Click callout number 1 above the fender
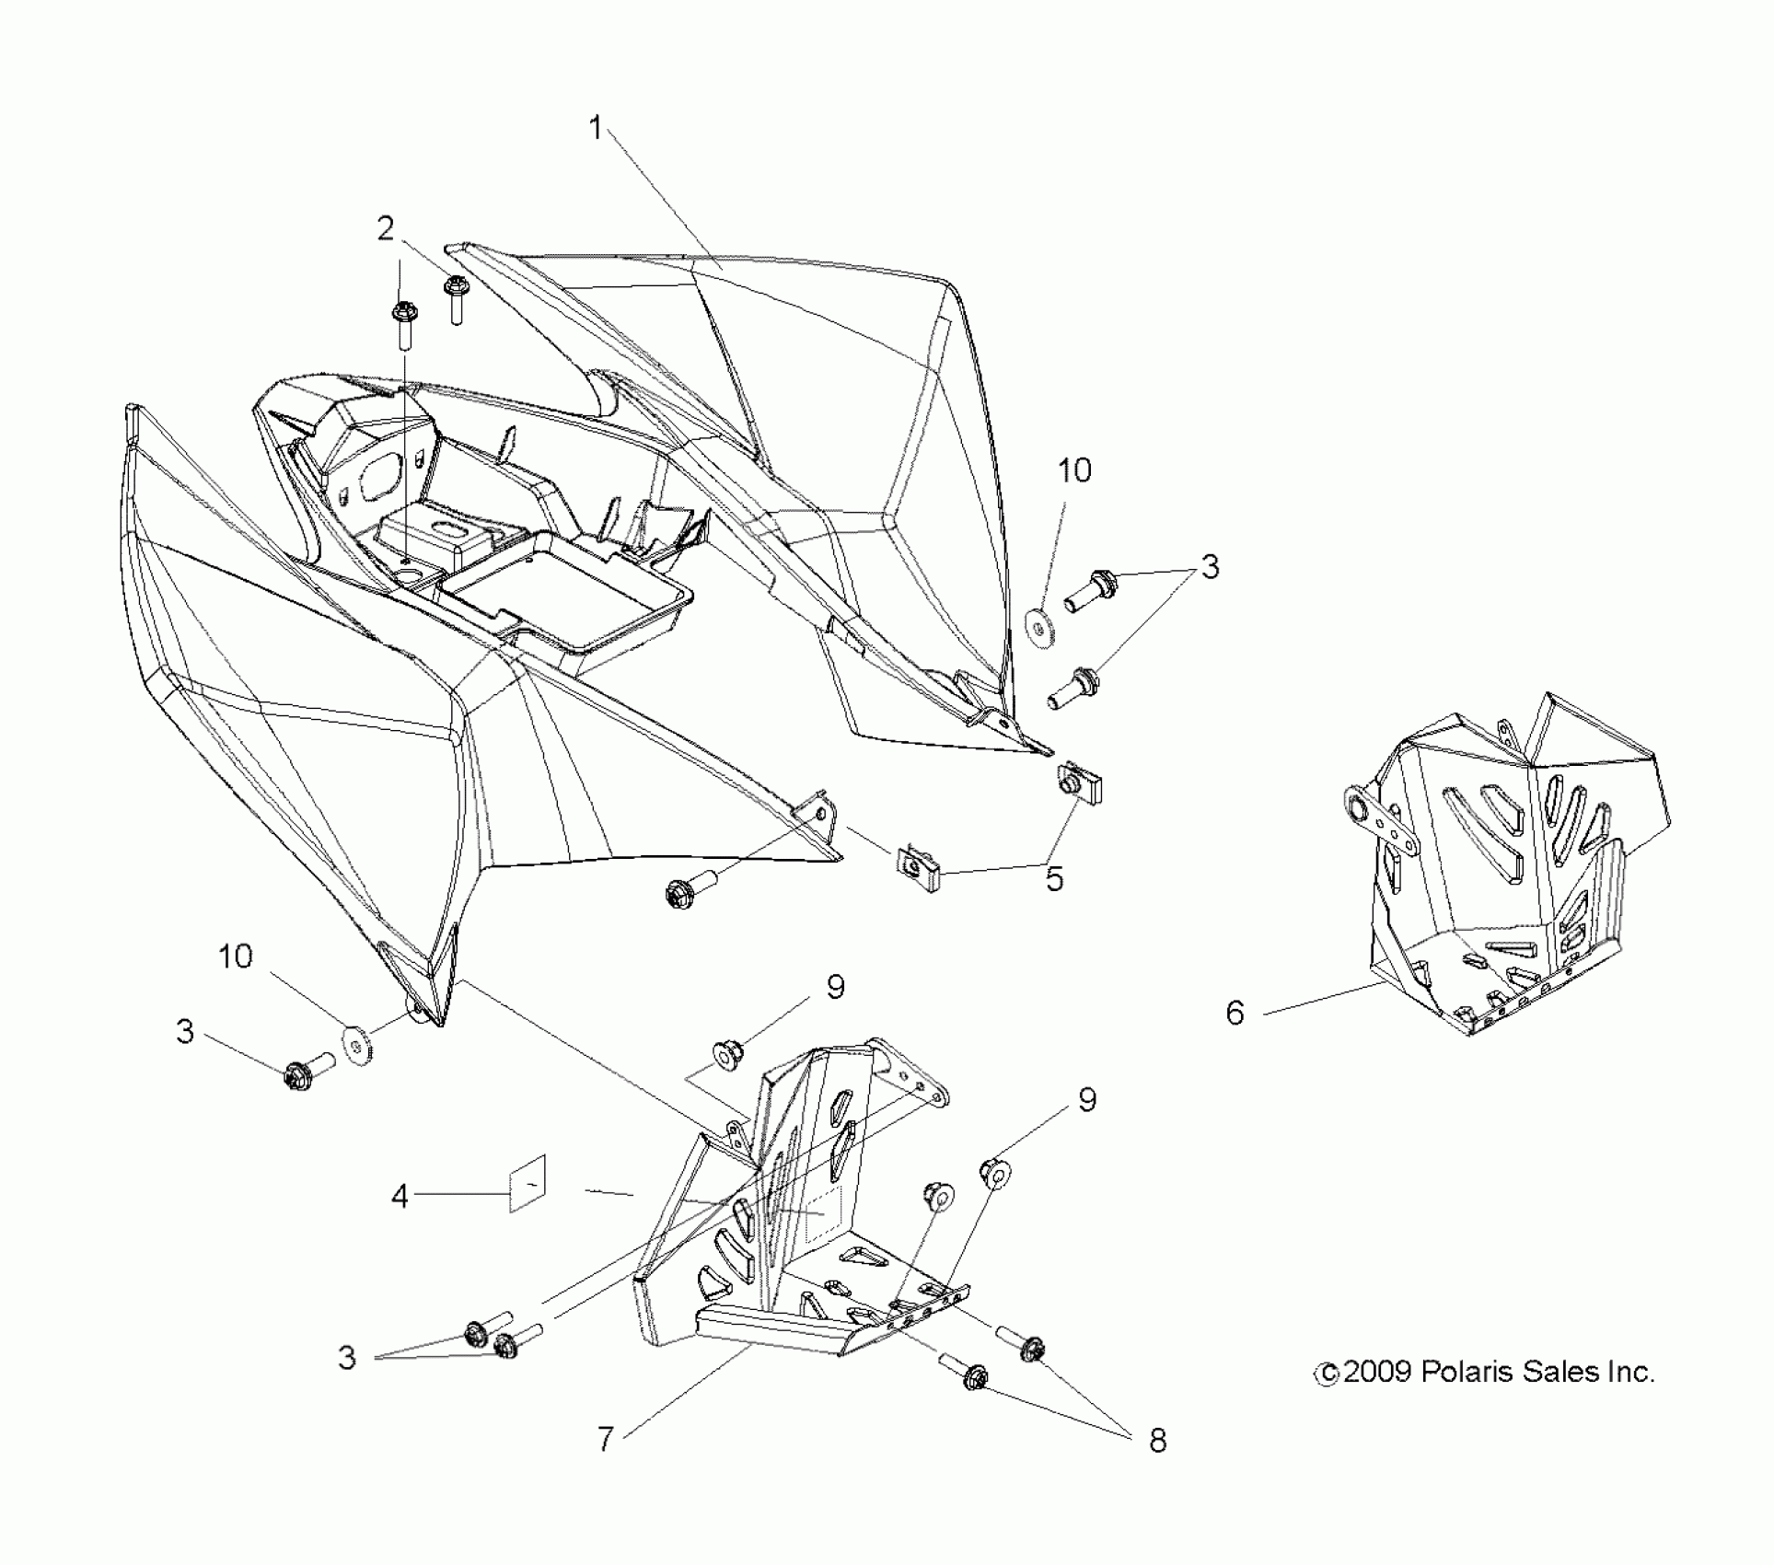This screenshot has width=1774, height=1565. [x=596, y=129]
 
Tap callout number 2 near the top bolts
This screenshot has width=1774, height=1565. [x=386, y=228]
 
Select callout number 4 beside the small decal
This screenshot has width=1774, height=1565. [x=400, y=1197]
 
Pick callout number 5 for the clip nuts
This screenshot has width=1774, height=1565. [x=1055, y=878]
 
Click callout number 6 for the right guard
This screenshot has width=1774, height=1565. [x=1235, y=1014]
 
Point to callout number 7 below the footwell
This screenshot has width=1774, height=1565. [x=605, y=1438]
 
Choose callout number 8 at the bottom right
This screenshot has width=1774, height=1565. [x=1158, y=1441]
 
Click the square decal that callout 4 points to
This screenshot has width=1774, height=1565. [x=528, y=1184]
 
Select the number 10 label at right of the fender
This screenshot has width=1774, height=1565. [x=1074, y=470]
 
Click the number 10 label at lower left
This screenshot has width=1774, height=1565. [x=236, y=956]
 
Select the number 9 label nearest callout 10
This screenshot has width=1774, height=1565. [x=836, y=987]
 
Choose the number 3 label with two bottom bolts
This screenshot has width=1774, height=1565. [x=346, y=1358]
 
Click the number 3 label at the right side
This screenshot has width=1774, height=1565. [x=1210, y=567]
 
